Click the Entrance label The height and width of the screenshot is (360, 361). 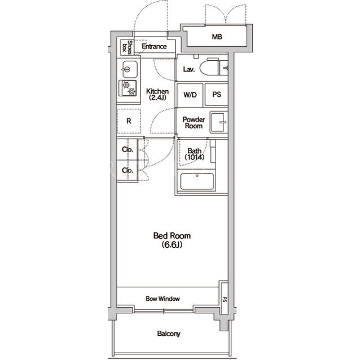pos(154,46)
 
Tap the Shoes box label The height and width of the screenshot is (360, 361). pos(127,47)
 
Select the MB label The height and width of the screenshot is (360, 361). pos(217,37)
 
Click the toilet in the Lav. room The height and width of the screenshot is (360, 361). pos(209,67)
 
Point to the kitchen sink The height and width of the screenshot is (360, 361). pos(130,69)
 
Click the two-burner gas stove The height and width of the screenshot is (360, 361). pos(127,88)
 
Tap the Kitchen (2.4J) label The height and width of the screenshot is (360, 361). pos(157,95)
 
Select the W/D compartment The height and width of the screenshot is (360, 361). pos(190,95)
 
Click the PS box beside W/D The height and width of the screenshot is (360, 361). pos(217,95)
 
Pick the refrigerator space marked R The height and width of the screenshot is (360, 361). pos(129,121)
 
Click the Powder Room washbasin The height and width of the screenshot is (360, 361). pos(218,122)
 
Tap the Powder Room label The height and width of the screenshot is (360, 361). pos(193,123)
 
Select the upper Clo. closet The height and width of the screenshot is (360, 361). pos(127,150)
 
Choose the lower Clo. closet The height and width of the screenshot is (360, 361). pos(127,171)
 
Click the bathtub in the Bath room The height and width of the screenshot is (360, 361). pos(197,181)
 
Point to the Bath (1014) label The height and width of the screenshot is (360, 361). pos(195,154)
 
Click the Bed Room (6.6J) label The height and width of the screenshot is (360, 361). pos(172,240)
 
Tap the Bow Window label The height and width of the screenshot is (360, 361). pos(162,299)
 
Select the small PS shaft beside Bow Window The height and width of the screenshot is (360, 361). pos(224,297)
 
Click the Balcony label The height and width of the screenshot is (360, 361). pos(169,334)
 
